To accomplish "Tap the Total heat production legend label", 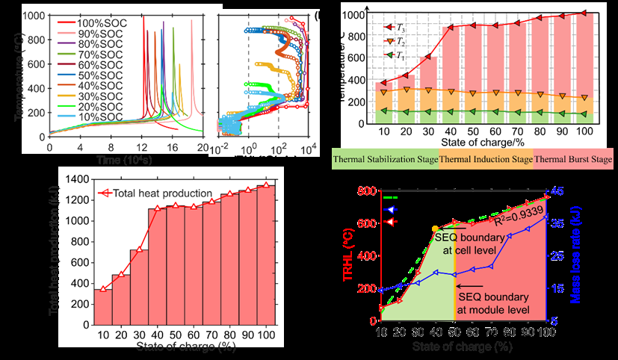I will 163,193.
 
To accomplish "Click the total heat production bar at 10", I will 102,306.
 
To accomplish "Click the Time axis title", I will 124,161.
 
